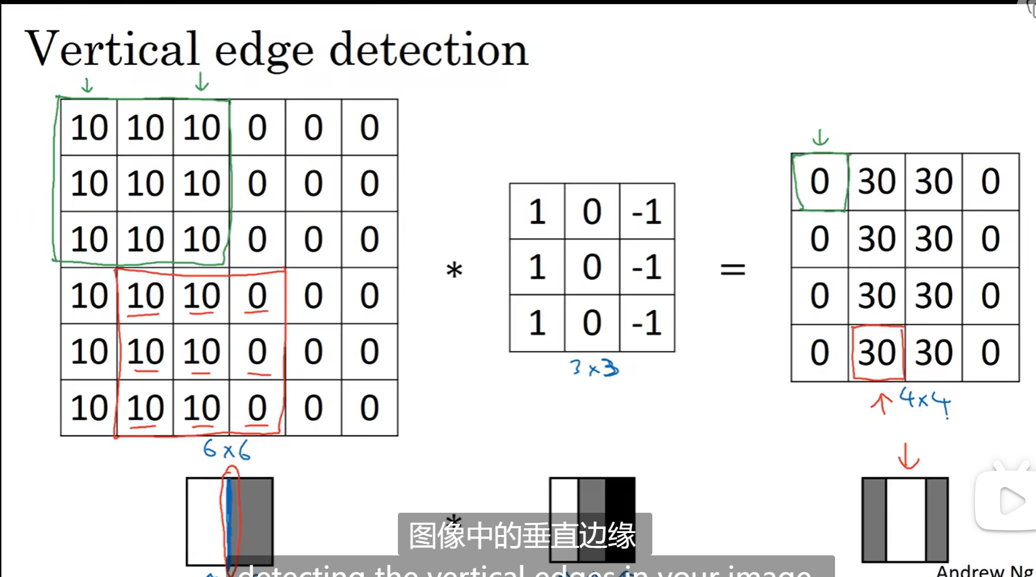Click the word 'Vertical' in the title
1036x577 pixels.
(112, 49)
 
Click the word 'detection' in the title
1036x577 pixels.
(428, 50)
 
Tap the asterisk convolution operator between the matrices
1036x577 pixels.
(454, 271)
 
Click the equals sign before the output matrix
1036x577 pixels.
(732, 269)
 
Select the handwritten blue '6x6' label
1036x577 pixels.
(227, 450)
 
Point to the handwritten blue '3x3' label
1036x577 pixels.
(594, 368)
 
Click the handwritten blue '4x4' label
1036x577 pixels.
(925, 402)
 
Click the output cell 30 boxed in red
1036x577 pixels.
(877, 352)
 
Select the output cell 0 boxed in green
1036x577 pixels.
(819, 182)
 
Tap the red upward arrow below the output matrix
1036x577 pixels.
(881, 403)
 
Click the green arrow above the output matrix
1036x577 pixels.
(820, 138)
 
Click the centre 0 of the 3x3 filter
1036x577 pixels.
(592, 267)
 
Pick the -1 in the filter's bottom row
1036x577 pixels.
(646, 323)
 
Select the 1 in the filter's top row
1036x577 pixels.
(537, 212)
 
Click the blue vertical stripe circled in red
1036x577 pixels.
(229, 521)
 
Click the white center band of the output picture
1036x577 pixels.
(905, 520)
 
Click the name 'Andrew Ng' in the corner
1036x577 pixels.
(985, 571)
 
